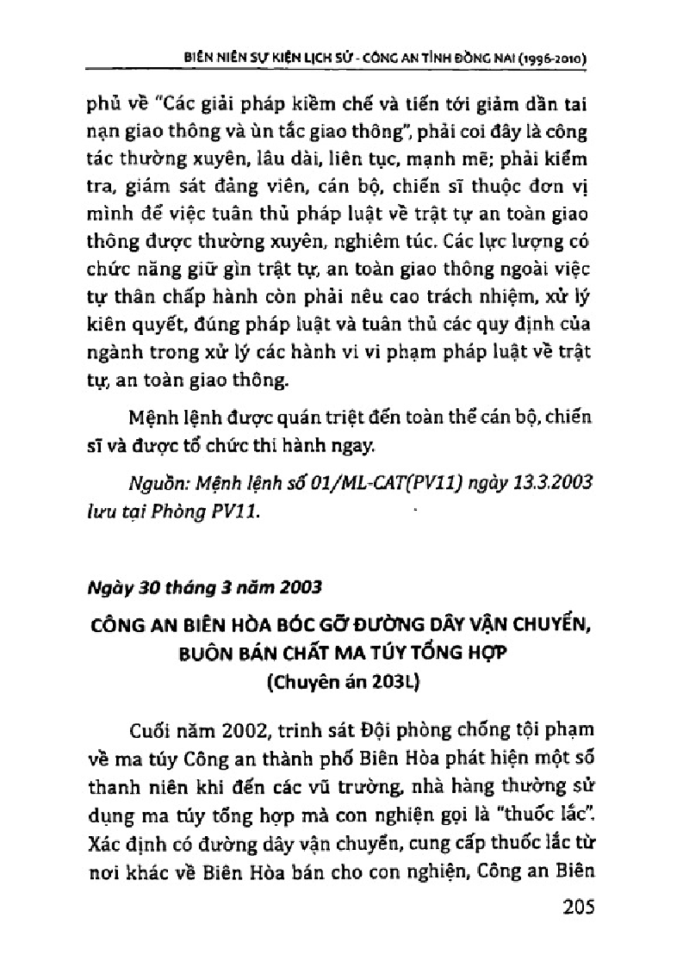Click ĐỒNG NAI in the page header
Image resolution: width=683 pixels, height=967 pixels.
(x=490, y=60)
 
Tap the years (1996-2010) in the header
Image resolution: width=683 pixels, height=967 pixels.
(x=555, y=60)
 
